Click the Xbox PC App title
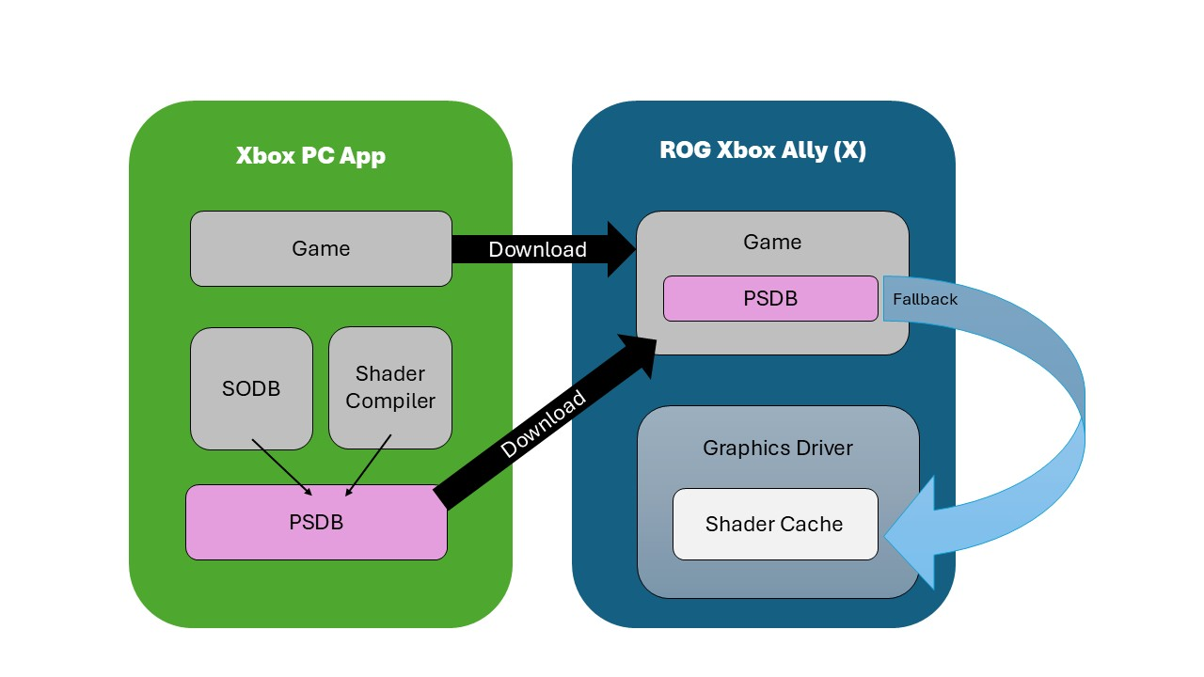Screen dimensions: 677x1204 click(x=310, y=155)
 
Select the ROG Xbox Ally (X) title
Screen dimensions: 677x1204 click(x=763, y=150)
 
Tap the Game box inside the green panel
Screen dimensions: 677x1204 click(x=321, y=248)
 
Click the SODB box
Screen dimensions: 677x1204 click(x=251, y=388)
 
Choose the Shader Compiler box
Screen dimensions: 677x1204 click(x=390, y=387)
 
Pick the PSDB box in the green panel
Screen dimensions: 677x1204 click(x=316, y=522)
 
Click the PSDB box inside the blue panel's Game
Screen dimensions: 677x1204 click(x=770, y=298)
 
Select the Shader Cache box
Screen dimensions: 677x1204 click(x=774, y=524)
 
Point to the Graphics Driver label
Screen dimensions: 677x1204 click(x=778, y=448)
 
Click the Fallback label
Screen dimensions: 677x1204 click(x=925, y=299)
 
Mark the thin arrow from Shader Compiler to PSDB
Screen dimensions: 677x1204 click(x=369, y=464)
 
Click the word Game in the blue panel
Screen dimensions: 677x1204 click(x=772, y=242)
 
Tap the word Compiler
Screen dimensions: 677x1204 click(x=390, y=401)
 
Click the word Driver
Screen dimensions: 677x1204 click(x=820, y=448)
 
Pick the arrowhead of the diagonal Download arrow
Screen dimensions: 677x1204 click(x=638, y=354)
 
